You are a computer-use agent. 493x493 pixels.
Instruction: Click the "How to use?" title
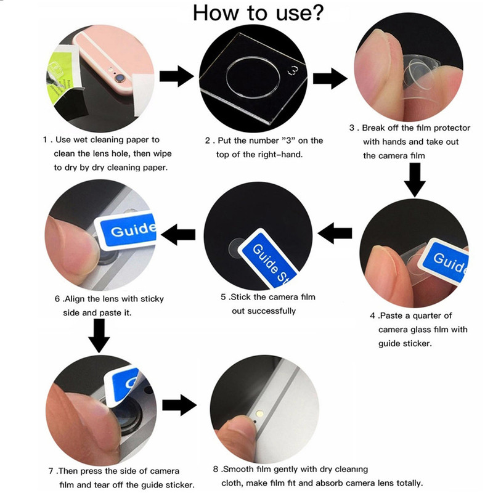[x=258, y=12]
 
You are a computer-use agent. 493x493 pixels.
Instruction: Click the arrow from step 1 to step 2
[x=176, y=76]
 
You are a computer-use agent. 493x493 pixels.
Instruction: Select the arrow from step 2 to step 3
[x=330, y=78]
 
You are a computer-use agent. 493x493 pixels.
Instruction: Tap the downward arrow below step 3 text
[x=415, y=180]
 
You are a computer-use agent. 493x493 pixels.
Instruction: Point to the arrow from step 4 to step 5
[x=335, y=233]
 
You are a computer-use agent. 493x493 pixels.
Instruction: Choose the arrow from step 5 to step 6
[x=178, y=234]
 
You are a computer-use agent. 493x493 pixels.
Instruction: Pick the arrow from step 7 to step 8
[x=179, y=405]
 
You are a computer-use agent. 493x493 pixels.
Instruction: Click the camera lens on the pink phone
[x=118, y=77]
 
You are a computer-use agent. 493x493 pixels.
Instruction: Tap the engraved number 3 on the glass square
[x=293, y=71]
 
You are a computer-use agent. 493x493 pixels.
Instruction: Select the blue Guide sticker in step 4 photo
[x=444, y=261]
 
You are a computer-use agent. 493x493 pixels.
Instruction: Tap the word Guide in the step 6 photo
[x=133, y=229]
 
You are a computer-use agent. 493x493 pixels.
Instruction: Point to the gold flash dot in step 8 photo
[x=259, y=413]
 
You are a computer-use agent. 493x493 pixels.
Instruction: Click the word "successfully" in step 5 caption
[x=264, y=311]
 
